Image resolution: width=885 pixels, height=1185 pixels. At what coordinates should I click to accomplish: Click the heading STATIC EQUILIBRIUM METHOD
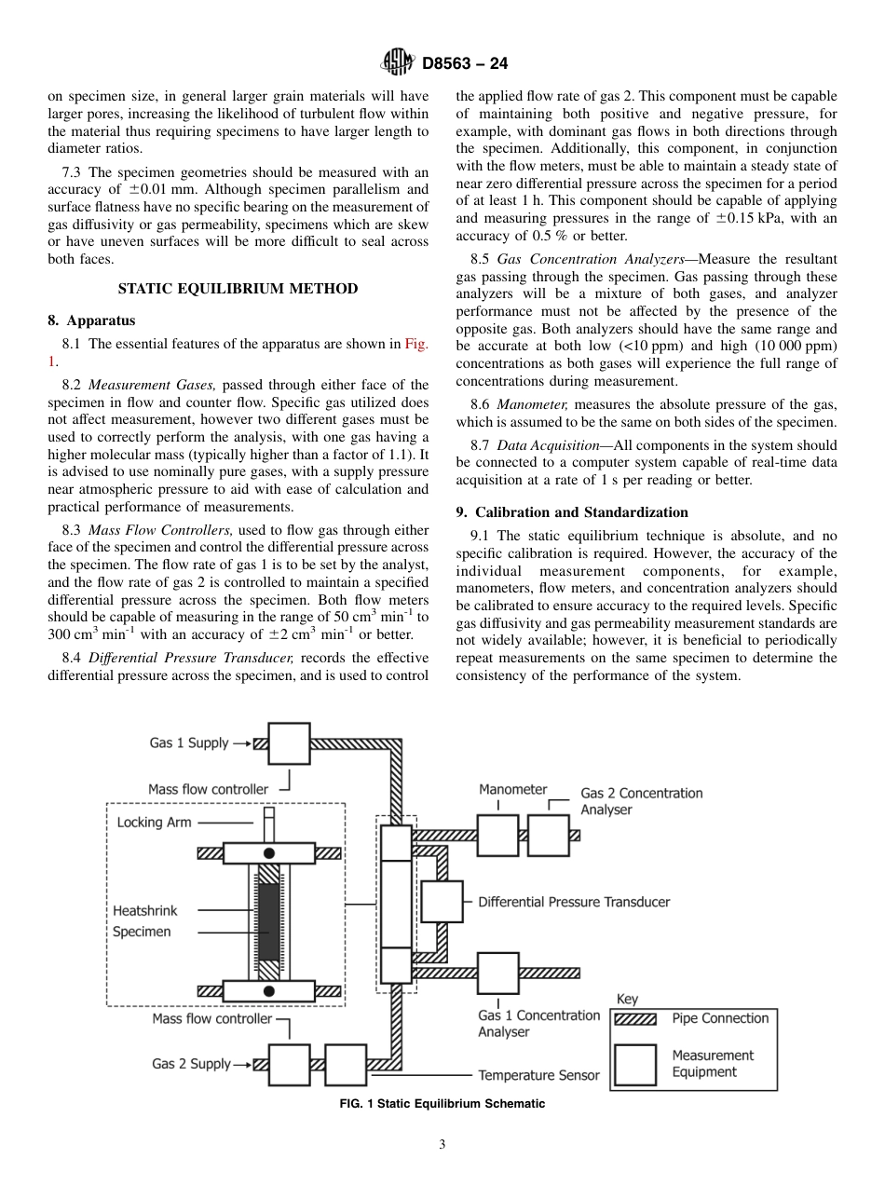238,289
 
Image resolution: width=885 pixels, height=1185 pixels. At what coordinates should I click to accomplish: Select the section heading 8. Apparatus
91,320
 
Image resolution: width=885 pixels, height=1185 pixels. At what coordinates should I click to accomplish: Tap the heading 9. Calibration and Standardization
572,512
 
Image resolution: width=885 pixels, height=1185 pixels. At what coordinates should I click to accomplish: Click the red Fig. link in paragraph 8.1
415,344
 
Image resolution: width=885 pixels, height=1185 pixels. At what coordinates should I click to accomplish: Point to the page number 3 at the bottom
442,1145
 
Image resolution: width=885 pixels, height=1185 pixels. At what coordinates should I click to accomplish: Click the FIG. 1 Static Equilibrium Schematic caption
442,1104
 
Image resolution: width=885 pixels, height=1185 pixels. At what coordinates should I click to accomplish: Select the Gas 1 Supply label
188,742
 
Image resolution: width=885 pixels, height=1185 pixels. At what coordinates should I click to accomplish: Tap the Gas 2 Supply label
191,1064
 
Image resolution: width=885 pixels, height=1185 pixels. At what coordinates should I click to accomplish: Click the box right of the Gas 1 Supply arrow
289,743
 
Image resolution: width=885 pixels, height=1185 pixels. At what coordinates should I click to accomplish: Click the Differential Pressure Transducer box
442,902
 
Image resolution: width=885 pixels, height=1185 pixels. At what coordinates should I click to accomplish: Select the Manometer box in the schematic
497,836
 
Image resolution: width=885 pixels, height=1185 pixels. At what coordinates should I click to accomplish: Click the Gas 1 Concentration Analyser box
497,973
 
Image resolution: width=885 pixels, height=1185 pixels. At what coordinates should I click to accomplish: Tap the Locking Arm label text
154,823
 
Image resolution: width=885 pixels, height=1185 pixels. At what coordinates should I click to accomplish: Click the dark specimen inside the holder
269,922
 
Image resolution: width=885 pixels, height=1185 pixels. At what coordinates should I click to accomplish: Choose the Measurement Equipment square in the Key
635,1064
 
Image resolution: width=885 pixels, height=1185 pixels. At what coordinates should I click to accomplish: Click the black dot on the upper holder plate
269,853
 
